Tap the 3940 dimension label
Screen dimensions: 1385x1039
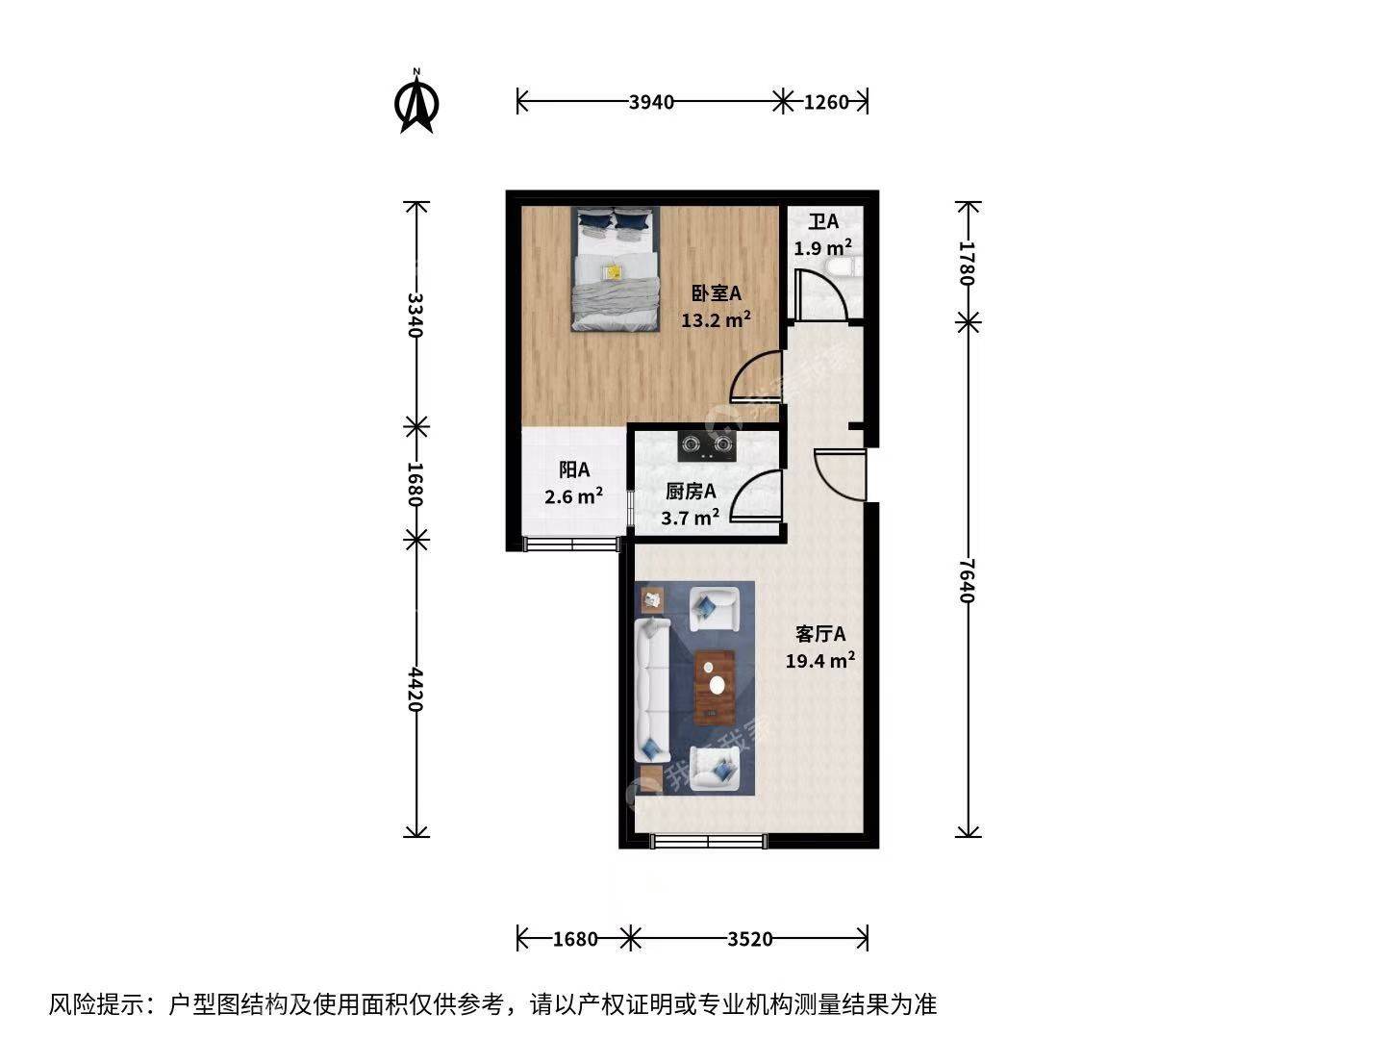(x=651, y=102)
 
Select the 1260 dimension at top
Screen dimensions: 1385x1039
(x=826, y=102)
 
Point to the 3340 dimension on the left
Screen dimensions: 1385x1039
(x=415, y=315)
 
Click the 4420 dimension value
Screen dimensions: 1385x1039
(x=415, y=689)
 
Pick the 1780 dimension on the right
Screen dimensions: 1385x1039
(x=968, y=263)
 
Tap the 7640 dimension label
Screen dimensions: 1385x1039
(x=968, y=581)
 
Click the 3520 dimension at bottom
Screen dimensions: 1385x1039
(x=749, y=939)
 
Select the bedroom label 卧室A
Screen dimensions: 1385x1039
(x=717, y=293)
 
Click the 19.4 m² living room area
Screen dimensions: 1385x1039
(x=820, y=661)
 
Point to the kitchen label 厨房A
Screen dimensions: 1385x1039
(x=691, y=491)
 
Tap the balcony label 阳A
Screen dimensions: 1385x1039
(x=574, y=469)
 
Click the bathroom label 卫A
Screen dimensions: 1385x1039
(x=823, y=221)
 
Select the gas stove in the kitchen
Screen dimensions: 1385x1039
(x=707, y=446)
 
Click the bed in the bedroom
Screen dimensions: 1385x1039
(x=616, y=268)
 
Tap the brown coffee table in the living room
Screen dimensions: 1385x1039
(x=715, y=687)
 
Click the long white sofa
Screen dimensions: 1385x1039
(x=652, y=691)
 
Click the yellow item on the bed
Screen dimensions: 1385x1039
(x=612, y=271)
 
